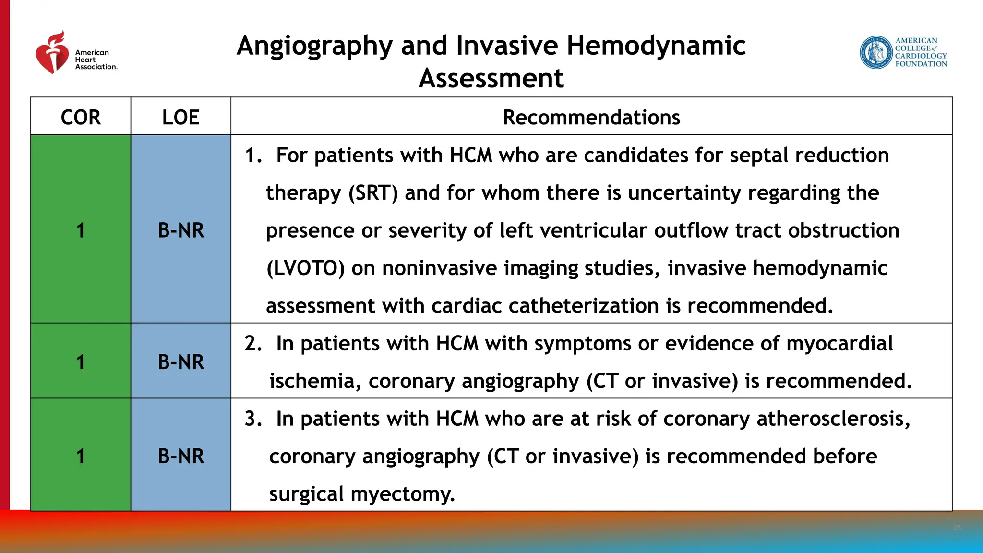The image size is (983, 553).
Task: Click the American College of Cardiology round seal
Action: tap(876, 52)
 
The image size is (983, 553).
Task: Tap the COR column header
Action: tap(81, 117)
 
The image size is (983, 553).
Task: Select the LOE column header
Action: tap(180, 117)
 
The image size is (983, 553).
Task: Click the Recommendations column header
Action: tap(591, 117)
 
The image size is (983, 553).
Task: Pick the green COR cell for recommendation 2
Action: tap(81, 361)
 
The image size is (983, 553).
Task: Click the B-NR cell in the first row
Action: tap(180, 230)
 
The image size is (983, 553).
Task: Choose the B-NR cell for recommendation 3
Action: tap(180, 456)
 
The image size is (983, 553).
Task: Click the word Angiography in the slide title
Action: tap(314, 47)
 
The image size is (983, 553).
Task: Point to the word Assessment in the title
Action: tap(491, 78)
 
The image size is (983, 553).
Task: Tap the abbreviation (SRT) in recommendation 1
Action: tap(373, 193)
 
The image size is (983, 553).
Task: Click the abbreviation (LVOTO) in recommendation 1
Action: tap(305, 268)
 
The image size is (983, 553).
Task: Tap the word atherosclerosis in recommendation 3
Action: tap(833, 419)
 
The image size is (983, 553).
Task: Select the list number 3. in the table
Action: tap(253, 419)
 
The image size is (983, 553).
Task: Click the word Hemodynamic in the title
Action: tap(656, 46)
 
